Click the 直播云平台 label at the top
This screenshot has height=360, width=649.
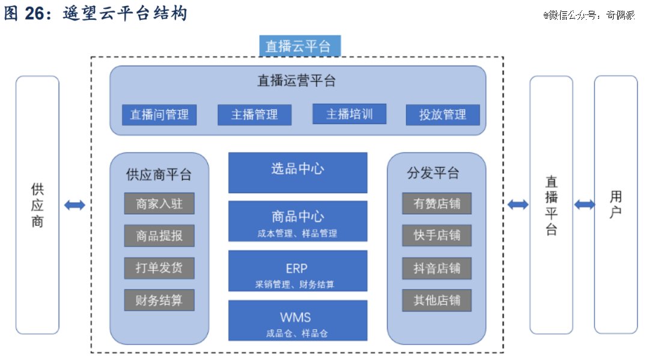point(300,46)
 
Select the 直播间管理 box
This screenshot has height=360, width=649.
point(159,115)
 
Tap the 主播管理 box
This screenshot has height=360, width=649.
point(255,115)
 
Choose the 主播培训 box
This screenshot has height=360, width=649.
point(349,114)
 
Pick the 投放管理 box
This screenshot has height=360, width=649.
point(443,115)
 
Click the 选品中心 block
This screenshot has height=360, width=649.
point(297,172)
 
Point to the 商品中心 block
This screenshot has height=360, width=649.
point(297,221)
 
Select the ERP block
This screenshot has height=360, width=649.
point(297,270)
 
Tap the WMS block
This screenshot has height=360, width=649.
point(297,320)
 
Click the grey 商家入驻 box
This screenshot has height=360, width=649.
point(159,203)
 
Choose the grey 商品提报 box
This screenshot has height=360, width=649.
point(159,236)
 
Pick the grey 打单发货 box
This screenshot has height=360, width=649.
point(159,267)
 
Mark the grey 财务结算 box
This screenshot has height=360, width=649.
point(159,300)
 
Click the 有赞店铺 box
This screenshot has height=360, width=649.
point(437,203)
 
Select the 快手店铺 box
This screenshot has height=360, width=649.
point(437,235)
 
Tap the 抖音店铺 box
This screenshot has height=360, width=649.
point(437,268)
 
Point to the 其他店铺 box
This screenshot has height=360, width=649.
point(437,300)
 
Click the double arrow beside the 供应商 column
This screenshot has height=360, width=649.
point(75,205)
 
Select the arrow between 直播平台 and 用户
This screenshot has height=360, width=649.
point(584,204)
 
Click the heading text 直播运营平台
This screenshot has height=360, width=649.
point(296,81)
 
